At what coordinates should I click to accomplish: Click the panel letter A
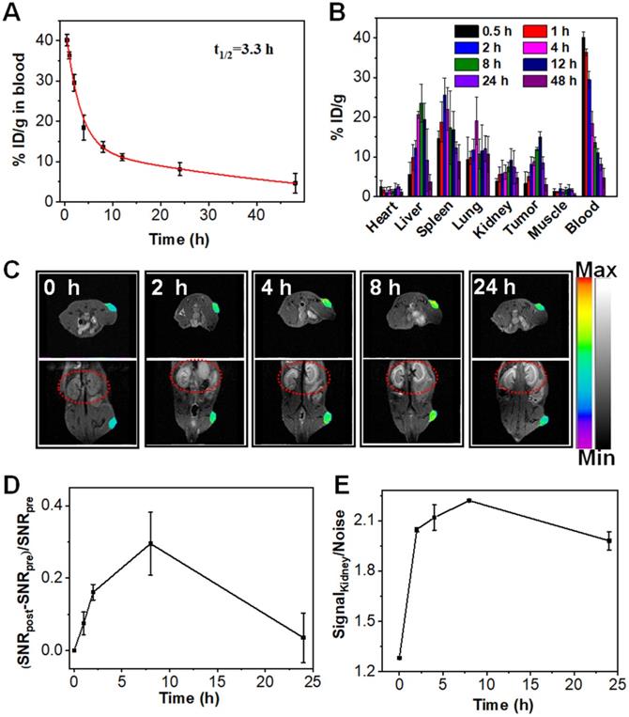click(15, 14)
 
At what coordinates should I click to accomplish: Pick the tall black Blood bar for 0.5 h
click(583, 117)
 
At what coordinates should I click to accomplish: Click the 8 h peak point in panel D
click(150, 544)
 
